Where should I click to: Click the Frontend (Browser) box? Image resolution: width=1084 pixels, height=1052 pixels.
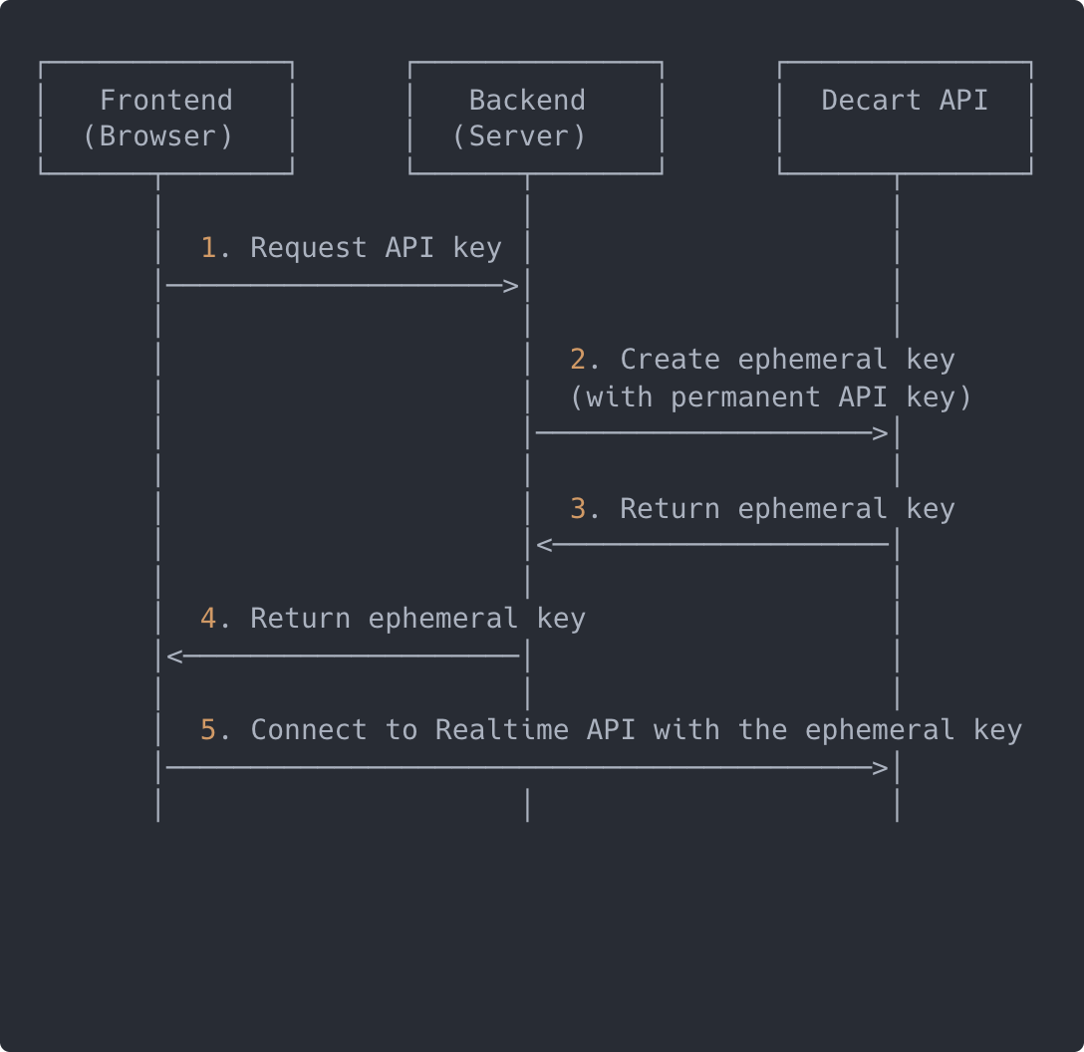click(166, 118)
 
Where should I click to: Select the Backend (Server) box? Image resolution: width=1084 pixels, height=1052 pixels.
click(535, 118)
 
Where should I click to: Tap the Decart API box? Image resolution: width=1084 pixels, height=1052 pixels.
click(905, 118)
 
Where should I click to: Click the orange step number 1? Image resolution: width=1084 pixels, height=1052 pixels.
click(209, 247)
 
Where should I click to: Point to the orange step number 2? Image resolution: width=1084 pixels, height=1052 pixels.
click(578, 359)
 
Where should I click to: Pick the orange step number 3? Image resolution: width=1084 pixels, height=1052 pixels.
click(578, 508)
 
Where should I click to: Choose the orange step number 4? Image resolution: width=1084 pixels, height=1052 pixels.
click(209, 619)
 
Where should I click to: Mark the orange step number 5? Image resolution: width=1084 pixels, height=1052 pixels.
click(209, 730)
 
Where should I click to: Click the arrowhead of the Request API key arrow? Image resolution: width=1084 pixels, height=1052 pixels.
click(511, 287)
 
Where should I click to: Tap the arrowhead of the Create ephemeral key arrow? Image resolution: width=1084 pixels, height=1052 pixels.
click(880, 433)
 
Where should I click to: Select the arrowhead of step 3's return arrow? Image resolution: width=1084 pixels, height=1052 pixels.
click(544, 545)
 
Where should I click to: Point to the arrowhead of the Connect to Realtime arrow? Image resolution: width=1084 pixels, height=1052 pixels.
click(880, 768)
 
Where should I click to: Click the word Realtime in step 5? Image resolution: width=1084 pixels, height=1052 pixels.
click(502, 730)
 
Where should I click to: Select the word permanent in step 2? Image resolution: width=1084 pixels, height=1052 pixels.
click(745, 396)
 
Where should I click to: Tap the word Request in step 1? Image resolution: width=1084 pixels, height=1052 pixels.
click(309, 247)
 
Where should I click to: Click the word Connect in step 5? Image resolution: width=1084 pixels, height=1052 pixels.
click(309, 730)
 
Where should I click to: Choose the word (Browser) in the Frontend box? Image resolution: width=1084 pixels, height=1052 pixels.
click(158, 136)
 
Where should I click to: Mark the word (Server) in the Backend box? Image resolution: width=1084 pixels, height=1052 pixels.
click(519, 136)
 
